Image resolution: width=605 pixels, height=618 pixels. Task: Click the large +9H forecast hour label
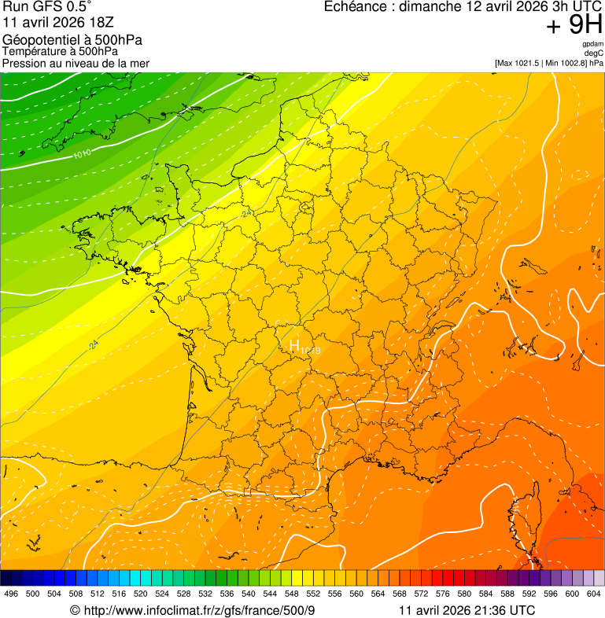[x=574, y=26]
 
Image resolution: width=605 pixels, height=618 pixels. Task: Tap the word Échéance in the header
[x=358, y=7]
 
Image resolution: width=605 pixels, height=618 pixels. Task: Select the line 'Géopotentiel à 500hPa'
[x=72, y=40]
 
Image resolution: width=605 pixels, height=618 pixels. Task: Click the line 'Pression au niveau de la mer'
[x=76, y=63]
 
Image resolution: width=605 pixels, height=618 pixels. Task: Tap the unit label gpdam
[x=593, y=44]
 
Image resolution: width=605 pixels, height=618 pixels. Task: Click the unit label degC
[x=595, y=53]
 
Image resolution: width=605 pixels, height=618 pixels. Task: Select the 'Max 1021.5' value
[x=519, y=63]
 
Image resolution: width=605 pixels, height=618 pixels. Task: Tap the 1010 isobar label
[x=81, y=153]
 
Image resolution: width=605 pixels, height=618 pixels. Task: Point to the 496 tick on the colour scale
[x=11, y=594]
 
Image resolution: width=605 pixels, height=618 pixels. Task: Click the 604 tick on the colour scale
[x=594, y=594]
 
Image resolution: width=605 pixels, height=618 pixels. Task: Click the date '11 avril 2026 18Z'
[x=58, y=22]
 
